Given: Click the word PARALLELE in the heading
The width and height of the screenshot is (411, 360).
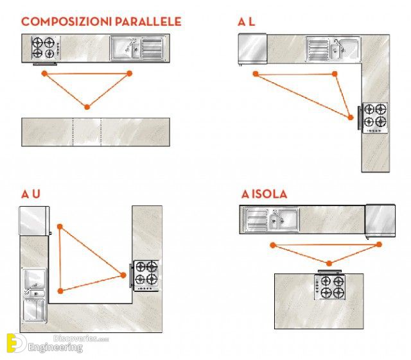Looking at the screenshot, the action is (x=148, y=21).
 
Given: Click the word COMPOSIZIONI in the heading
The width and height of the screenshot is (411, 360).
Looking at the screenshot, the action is (x=67, y=21).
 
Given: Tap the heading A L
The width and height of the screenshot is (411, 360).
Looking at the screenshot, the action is (x=246, y=22).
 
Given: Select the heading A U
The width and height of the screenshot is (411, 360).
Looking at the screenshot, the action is (x=31, y=194).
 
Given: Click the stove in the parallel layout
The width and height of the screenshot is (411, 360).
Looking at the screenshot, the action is (x=46, y=47).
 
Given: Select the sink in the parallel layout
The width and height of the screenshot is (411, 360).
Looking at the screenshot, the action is (x=137, y=49).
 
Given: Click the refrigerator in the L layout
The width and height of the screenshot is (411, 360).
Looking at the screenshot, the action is (x=252, y=49).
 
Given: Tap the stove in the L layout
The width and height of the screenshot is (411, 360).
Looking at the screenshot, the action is (x=374, y=117).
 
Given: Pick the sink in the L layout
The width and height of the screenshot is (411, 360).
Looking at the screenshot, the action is (x=333, y=49).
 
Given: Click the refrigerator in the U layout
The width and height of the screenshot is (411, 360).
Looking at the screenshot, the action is (x=34, y=221).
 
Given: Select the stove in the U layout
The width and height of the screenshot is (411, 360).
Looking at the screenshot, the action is (x=146, y=275).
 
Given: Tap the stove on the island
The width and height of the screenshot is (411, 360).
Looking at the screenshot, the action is (x=329, y=287).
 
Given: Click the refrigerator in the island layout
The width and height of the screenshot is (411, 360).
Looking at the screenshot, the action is (x=380, y=220).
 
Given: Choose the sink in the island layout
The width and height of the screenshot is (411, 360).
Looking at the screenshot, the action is (x=271, y=219).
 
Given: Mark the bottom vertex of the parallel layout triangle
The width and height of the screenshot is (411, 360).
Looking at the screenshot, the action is (x=87, y=107).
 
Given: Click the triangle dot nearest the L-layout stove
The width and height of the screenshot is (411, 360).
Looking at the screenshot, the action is (x=351, y=117).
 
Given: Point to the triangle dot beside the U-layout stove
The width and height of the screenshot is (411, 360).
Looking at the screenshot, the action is (x=123, y=275).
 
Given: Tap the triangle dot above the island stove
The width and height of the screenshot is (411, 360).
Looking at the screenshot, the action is (x=329, y=263).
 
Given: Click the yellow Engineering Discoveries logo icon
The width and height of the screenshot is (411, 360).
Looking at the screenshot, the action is (x=16, y=343).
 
